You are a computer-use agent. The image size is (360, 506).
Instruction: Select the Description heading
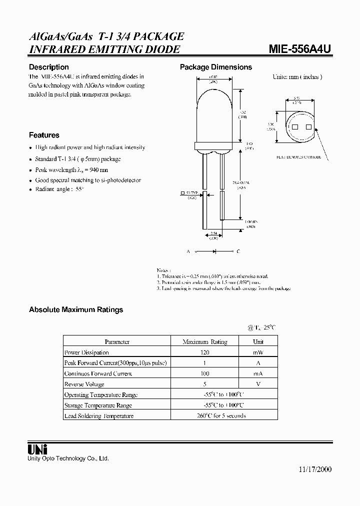click(48, 67)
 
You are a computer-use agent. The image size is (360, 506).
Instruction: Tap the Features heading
click(44, 135)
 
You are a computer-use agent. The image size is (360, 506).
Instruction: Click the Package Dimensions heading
click(216, 67)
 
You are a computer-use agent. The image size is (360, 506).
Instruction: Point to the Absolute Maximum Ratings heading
click(76, 310)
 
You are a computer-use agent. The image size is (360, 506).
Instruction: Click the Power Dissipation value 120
click(204, 352)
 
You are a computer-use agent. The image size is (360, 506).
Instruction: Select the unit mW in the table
click(258, 352)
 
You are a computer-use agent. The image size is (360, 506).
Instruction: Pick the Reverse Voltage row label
click(84, 384)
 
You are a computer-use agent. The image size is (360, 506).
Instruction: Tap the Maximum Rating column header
click(204, 342)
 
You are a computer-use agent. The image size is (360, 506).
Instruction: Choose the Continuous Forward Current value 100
click(204, 373)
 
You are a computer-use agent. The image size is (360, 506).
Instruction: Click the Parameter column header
click(117, 342)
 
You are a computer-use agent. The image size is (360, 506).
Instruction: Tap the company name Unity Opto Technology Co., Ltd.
click(68, 458)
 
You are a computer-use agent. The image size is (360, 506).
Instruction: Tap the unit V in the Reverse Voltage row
click(258, 384)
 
